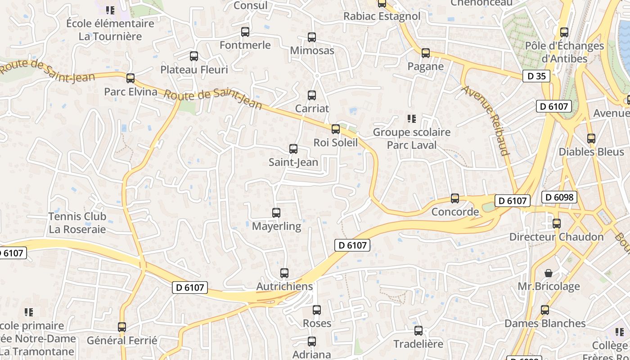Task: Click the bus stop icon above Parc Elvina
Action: pos(130,78)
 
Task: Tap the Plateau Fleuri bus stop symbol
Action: pos(194,56)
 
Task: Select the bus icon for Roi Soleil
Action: pos(335,129)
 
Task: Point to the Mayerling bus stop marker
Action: pos(276,213)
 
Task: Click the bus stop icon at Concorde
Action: pos(455,198)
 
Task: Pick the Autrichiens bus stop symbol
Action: pos(284,273)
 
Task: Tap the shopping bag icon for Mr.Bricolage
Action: pos(549,273)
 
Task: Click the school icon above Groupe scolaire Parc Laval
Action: pos(411,119)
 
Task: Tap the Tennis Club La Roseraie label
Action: pos(77,223)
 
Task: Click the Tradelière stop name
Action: pos(418,344)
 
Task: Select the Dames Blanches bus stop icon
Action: pos(545,310)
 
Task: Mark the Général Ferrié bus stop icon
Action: pos(122,327)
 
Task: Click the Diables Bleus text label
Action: pos(591,152)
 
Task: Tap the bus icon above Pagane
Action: pos(426,53)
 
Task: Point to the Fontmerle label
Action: pos(245,45)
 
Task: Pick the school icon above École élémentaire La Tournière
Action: pos(110,10)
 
